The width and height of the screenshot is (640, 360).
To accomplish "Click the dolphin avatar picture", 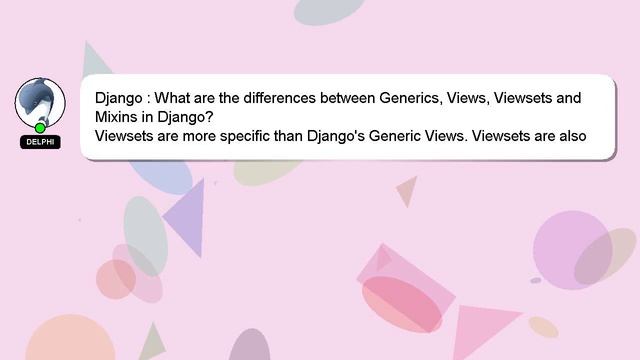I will [x=40, y=102].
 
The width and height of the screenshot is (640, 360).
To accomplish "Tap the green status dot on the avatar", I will [x=40, y=128].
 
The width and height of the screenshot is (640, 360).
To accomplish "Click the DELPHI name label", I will [x=40, y=142].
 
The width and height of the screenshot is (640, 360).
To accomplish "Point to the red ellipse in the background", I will [x=401, y=304].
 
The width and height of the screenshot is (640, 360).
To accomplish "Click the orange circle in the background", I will [x=70, y=340].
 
